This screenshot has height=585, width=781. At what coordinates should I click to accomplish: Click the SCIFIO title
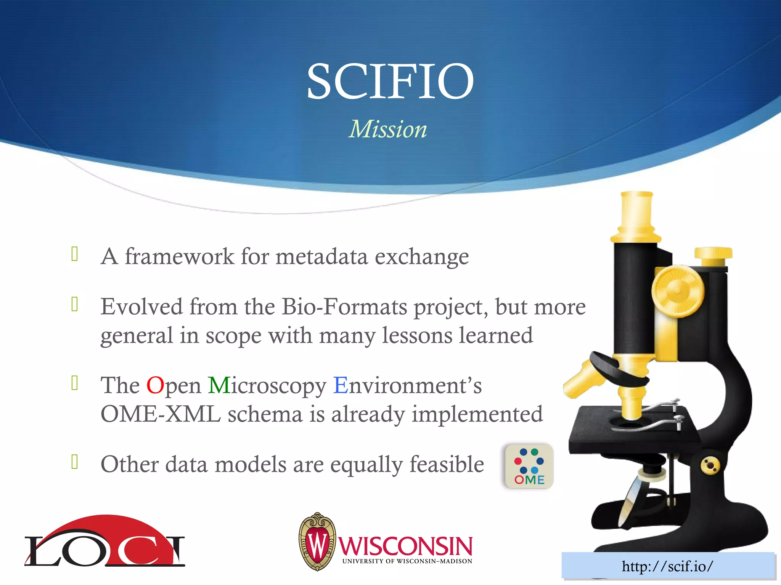(390, 81)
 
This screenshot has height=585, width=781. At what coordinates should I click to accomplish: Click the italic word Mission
(388, 129)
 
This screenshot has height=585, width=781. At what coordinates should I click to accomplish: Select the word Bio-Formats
(344, 307)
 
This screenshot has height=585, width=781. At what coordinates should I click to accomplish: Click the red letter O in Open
(155, 385)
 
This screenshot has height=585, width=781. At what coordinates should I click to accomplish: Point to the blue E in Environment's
(341, 385)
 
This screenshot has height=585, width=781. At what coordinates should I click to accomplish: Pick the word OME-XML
(161, 414)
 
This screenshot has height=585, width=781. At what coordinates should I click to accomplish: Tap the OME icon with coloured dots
(529, 466)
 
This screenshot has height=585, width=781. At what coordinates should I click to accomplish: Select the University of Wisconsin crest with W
(317, 541)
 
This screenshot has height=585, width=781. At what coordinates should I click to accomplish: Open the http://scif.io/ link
(667, 566)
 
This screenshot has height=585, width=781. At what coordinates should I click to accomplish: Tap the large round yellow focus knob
(677, 291)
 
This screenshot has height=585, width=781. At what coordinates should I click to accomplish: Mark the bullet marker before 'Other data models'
(75, 462)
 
